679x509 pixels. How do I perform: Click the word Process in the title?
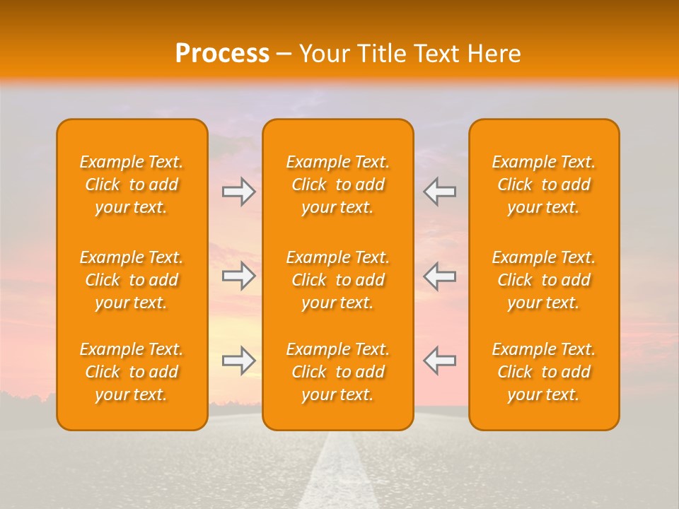pyautogui.click(x=222, y=54)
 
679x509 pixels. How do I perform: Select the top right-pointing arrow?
pyautogui.click(x=239, y=192)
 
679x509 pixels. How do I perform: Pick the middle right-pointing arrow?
pyautogui.click(x=239, y=276)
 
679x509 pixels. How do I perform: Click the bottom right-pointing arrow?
pyautogui.click(x=239, y=361)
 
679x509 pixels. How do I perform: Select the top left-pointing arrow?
pyautogui.click(x=439, y=192)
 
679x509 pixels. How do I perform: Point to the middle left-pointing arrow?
pyautogui.click(x=439, y=276)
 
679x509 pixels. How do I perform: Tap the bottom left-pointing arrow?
pyautogui.click(x=439, y=361)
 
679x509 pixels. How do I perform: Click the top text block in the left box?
pyautogui.click(x=132, y=185)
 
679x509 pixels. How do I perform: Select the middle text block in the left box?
pyautogui.click(x=132, y=280)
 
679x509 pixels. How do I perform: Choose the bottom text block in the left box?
pyautogui.click(x=132, y=372)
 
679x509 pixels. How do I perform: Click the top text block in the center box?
pyautogui.click(x=337, y=185)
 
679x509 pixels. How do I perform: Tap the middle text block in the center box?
pyautogui.click(x=337, y=280)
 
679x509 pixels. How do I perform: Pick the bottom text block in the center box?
pyautogui.click(x=337, y=372)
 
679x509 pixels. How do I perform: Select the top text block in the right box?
pyautogui.click(x=543, y=185)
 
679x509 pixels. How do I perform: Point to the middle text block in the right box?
pyautogui.click(x=543, y=280)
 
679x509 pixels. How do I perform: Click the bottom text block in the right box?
pyautogui.click(x=543, y=372)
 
